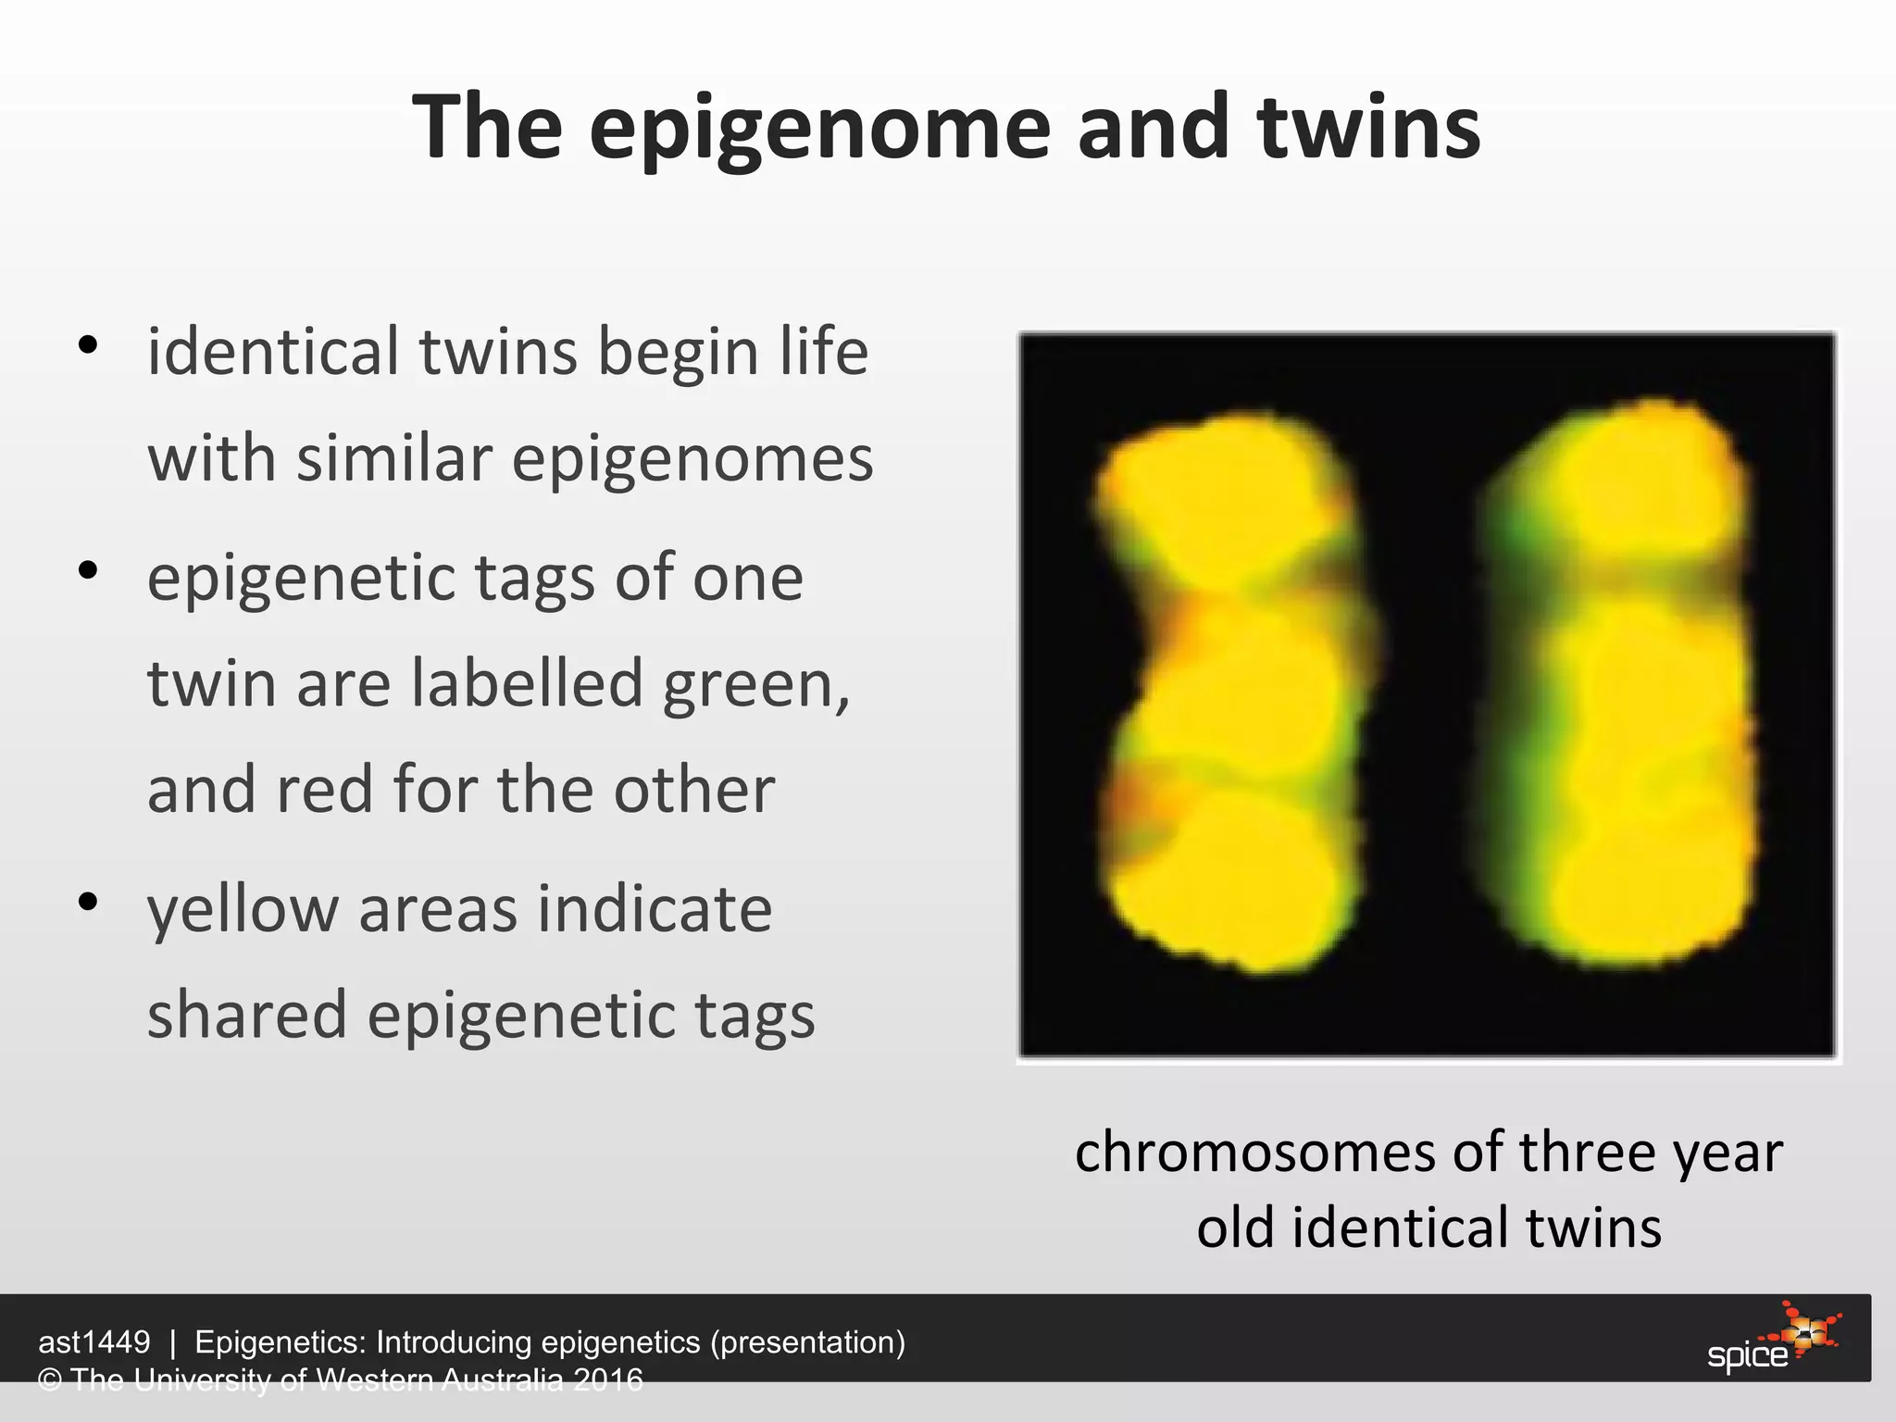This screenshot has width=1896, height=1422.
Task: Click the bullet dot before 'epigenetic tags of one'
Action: point(88,571)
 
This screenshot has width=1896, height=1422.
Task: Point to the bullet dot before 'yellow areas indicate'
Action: point(88,902)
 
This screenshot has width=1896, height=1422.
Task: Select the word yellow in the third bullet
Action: point(243,910)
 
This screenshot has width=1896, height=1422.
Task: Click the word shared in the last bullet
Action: point(246,1015)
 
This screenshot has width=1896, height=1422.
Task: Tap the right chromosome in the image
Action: point(1629,685)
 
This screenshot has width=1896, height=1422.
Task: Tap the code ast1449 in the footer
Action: point(94,1341)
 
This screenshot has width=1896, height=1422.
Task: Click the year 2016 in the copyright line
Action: point(607,1379)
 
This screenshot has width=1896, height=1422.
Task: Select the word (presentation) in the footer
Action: point(807,1341)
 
